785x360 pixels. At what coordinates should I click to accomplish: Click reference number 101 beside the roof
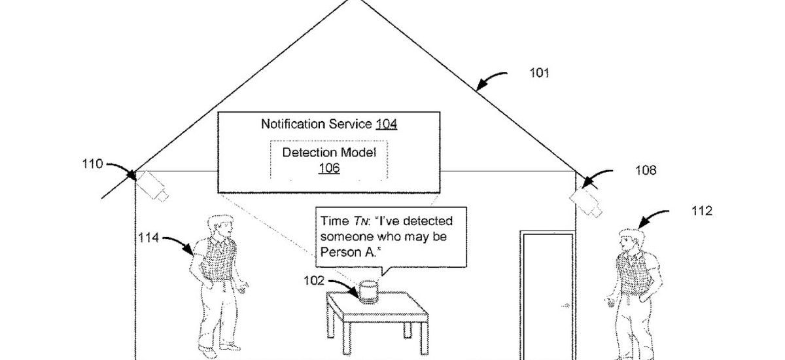(539, 73)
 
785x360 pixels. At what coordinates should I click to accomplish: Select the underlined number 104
(386, 123)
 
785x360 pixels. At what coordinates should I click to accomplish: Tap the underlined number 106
(328, 168)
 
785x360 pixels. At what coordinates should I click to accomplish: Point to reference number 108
(645, 171)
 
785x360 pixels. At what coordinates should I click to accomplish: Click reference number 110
(92, 164)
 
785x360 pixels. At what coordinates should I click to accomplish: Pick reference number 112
(702, 211)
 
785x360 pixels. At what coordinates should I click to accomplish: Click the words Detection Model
(329, 153)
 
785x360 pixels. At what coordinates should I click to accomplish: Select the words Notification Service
(317, 123)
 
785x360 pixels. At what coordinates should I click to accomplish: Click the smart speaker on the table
(369, 291)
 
